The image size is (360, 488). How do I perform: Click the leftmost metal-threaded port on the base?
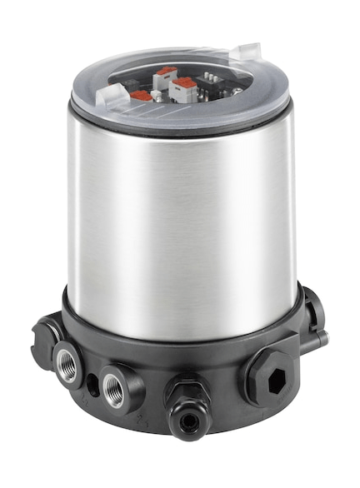(x=69, y=363)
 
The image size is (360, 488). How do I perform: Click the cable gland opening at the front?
(x=188, y=421)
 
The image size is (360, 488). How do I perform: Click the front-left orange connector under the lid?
(x=142, y=96)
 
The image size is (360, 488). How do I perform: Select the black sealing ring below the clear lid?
(x=179, y=127)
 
